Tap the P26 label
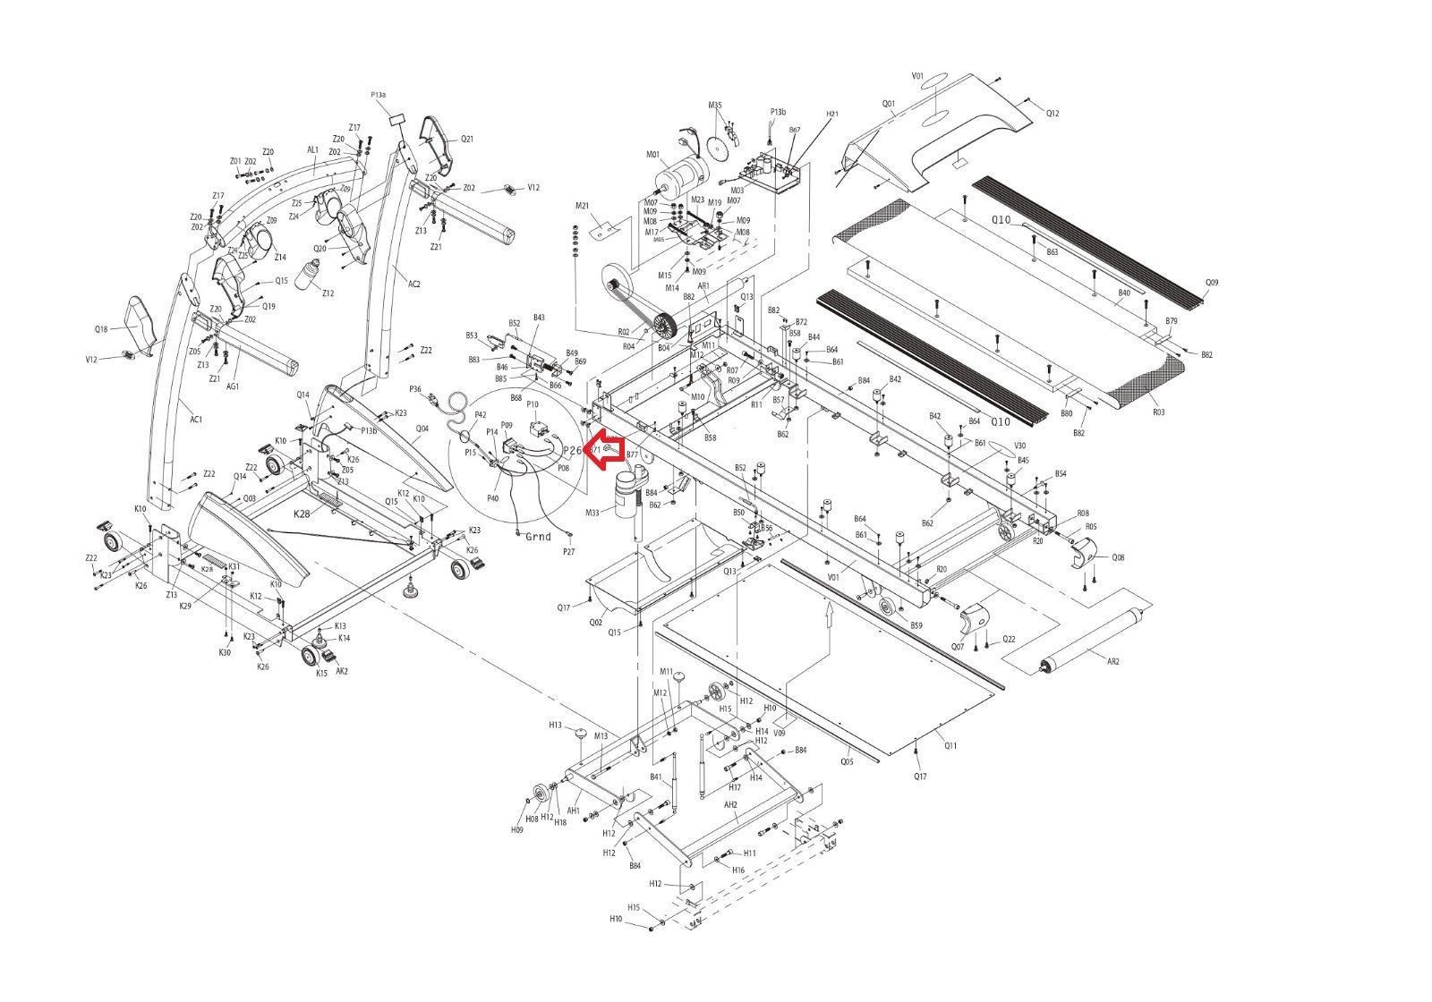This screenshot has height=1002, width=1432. (x=573, y=450)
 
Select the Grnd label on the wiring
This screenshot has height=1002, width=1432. (x=539, y=537)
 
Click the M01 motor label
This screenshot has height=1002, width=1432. (x=652, y=155)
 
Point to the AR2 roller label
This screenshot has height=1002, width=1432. (x=1113, y=661)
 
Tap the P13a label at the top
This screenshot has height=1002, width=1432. (x=379, y=94)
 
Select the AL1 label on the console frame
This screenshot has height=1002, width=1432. (x=313, y=150)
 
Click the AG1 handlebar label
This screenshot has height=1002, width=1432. (x=233, y=386)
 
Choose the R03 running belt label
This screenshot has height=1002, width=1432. (x=1158, y=412)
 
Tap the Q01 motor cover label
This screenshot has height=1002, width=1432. (x=889, y=103)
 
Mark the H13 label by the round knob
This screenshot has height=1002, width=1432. (x=555, y=725)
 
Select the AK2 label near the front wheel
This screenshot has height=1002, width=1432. (x=342, y=671)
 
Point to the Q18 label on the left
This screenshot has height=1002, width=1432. (x=101, y=329)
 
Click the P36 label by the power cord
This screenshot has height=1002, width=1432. (x=415, y=388)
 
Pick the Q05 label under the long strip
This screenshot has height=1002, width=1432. (x=847, y=762)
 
